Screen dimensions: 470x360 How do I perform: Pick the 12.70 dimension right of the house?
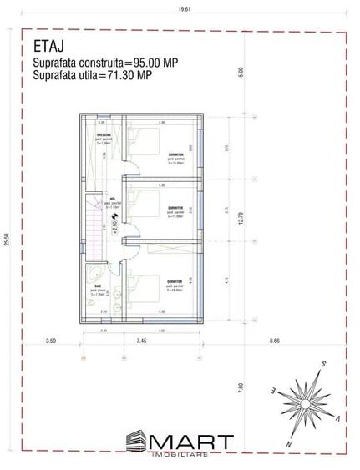coord(243,219)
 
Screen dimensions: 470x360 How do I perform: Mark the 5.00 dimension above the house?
coord(243,73)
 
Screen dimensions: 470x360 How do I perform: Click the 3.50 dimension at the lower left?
coord(50,341)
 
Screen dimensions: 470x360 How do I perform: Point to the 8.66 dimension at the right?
coord(275,341)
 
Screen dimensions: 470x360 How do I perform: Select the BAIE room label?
coord(98,285)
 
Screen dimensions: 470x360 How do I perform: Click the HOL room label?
coord(111,200)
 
